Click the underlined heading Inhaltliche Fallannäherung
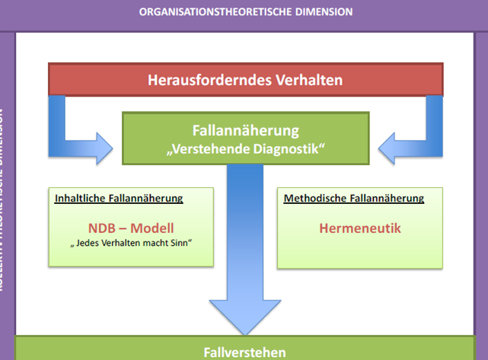119,199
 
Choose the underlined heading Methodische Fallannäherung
353,199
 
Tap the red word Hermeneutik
360,228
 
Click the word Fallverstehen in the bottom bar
245,352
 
